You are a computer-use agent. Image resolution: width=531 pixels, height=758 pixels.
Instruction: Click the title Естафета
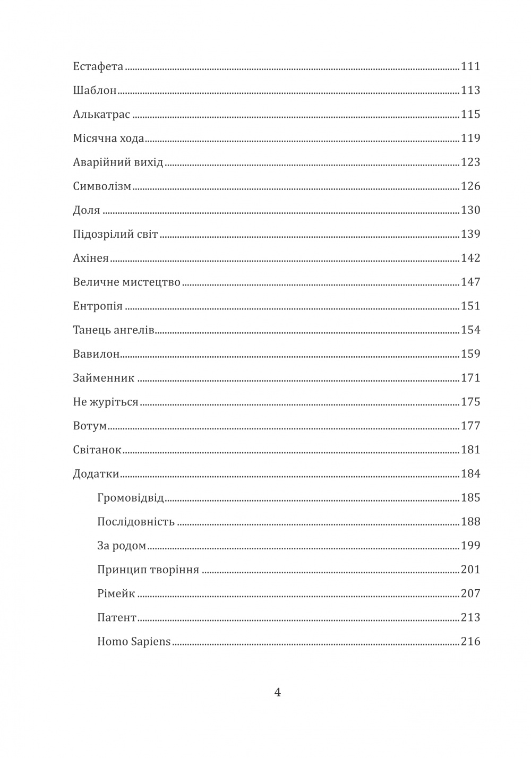point(98,67)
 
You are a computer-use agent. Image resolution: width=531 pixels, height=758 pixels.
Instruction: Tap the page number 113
point(470,91)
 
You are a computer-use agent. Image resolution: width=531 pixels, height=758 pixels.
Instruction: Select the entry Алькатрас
point(101,115)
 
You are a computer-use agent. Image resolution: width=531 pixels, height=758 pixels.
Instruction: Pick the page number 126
point(470,186)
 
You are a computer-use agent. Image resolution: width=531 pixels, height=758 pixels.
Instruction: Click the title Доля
point(86,211)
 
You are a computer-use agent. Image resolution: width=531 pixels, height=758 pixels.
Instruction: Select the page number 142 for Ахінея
point(470,259)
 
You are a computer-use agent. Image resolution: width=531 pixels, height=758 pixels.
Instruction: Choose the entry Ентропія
point(97,307)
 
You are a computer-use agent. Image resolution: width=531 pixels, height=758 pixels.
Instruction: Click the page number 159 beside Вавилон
point(470,354)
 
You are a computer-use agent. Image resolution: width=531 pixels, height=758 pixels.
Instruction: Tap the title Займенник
point(104,378)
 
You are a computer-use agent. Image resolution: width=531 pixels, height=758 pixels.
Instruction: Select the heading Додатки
point(96,474)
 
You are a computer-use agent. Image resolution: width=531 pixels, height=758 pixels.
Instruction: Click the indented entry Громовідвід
point(130,498)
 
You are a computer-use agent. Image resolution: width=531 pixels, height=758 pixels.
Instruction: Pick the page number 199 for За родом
point(470,546)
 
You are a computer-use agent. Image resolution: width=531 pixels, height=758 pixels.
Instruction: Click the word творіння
point(174,570)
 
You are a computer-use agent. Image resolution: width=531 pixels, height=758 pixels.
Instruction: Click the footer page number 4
point(277,693)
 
